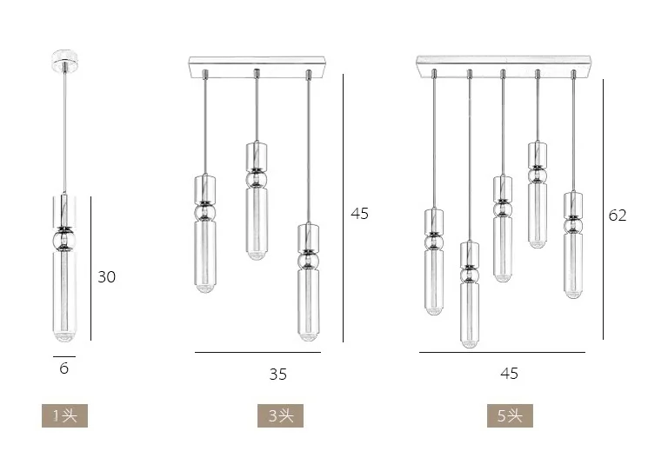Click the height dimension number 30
click(106, 277)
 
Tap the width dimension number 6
click(63, 368)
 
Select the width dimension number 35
click(277, 375)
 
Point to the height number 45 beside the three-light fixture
click(359, 213)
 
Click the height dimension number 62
click(617, 216)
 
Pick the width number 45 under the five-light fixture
click(509, 373)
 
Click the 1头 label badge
click(64, 415)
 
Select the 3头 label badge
click(280, 415)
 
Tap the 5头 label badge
click(510, 415)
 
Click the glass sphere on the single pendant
click(63, 239)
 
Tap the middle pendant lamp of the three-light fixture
click(256, 200)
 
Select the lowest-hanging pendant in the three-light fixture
click(307, 282)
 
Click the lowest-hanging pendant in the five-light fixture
click(469, 295)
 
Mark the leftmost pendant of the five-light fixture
click(435, 261)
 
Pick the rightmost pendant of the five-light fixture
click(572, 243)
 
